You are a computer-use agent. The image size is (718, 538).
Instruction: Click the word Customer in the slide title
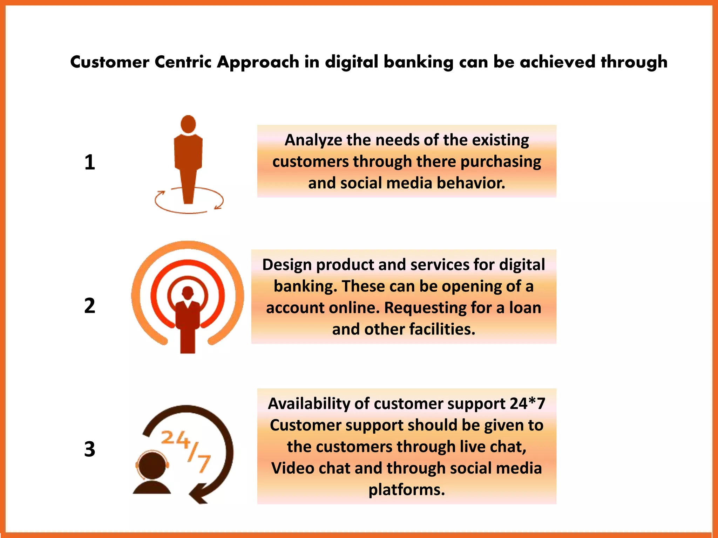pyautogui.click(x=110, y=62)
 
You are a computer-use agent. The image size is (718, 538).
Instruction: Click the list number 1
pyautogui.click(x=90, y=163)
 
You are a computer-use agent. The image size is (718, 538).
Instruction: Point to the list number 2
pyautogui.click(x=90, y=305)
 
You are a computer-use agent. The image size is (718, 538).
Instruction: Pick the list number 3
pyautogui.click(x=90, y=449)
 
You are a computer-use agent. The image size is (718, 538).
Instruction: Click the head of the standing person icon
pyautogui.click(x=188, y=124)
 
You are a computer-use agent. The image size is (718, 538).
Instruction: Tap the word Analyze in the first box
pyautogui.click(x=313, y=140)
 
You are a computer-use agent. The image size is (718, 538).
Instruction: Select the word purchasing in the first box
pyautogui.click(x=501, y=162)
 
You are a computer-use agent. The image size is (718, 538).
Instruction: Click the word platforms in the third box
pyautogui.click(x=406, y=490)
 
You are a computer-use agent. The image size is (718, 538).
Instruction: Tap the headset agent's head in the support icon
pyautogui.click(x=152, y=465)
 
